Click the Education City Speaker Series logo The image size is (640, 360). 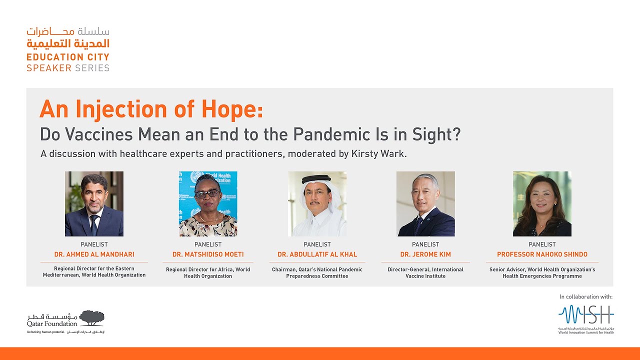coord(68,50)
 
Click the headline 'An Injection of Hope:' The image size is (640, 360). coord(151,109)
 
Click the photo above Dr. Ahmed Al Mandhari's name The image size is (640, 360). coord(94,204)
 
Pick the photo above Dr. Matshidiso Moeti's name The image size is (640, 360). coord(208,204)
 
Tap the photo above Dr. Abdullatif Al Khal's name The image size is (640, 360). coord(317,204)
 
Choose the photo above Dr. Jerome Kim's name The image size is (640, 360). coord(425,204)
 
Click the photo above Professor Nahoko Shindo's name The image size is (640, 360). coord(542,204)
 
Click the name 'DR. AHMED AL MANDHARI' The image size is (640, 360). coord(94,254)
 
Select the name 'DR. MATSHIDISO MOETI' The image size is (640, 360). coord(208,254)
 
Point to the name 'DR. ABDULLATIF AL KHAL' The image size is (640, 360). coord(317,254)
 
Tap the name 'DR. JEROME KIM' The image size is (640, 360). coord(425,254)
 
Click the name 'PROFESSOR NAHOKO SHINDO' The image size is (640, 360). coord(542,254)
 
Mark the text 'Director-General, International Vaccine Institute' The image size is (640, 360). coord(425,272)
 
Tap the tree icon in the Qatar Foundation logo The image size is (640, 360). coord(91,317)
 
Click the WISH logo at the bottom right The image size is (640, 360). coord(586,316)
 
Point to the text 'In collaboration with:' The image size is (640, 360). coord(586,296)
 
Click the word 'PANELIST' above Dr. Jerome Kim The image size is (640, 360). coord(425,244)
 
